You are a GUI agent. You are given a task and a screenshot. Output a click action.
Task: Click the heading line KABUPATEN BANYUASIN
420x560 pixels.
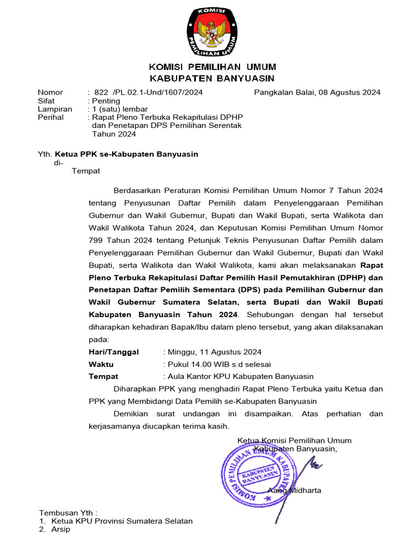pyautogui.click(x=212, y=79)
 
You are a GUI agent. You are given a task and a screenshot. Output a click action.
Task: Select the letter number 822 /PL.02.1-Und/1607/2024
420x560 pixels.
pyautogui.click(x=148, y=92)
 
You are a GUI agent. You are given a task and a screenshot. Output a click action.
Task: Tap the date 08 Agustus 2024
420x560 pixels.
pyautogui.click(x=350, y=92)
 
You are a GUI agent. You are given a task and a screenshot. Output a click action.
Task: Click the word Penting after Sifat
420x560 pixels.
pyautogui.click(x=106, y=101)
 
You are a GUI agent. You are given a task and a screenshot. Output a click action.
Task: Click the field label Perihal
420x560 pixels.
pyautogui.click(x=50, y=118)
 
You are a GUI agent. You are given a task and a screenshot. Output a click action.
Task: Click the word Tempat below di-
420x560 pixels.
pyautogui.click(x=86, y=171)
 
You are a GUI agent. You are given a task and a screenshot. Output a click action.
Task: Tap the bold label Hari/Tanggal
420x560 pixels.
pyautogui.click(x=114, y=352)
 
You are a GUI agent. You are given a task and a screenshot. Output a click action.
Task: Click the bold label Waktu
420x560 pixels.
pyautogui.click(x=101, y=364)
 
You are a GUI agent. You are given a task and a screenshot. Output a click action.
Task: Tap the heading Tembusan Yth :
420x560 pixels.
pyautogui.click(x=68, y=513)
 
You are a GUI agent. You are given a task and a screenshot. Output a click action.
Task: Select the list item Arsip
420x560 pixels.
pyautogui.click(x=61, y=530)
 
